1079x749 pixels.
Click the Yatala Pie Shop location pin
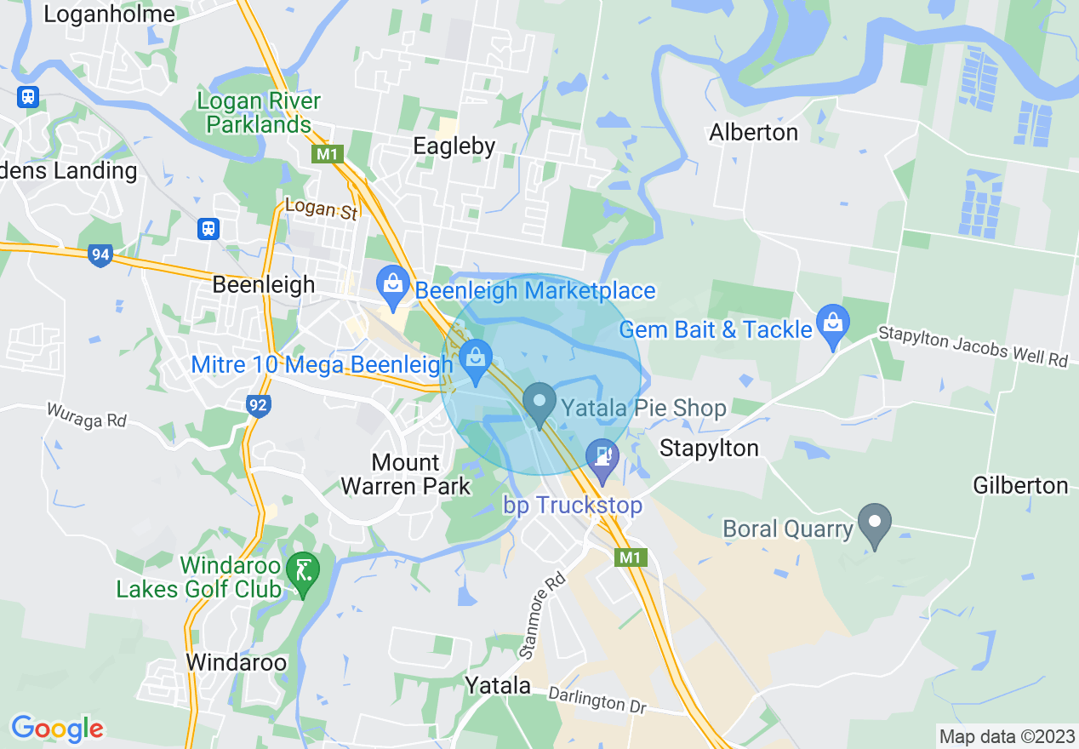(539, 403)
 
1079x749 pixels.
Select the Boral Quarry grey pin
(874, 522)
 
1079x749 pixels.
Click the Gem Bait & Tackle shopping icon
(832, 323)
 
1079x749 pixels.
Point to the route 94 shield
(100, 254)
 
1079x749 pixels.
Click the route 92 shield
(259, 406)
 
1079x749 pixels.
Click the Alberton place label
(753, 133)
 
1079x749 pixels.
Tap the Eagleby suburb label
(454, 146)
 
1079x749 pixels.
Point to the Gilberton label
(1020, 486)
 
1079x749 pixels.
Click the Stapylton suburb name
(709, 449)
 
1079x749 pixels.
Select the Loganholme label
(109, 14)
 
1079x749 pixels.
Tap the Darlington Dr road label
(597, 701)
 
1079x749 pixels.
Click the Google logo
(57, 729)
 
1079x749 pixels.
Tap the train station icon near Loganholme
(28, 95)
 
